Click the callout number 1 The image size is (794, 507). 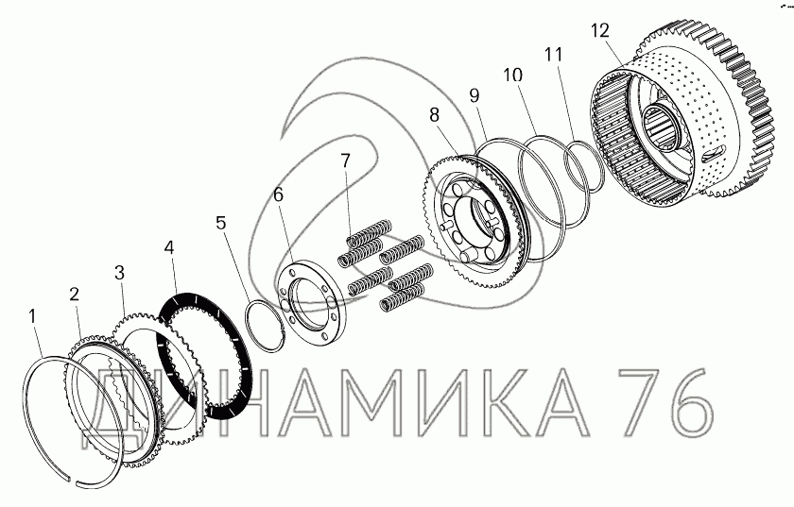click(x=32, y=316)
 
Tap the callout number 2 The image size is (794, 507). click(x=75, y=295)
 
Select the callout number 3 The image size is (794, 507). click(x=119, y=273)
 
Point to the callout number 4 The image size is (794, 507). click(x=169, y=247)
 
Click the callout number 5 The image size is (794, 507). click(x=221, y=223)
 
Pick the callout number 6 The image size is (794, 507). click(x=279, y=194)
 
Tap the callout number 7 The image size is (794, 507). click(x=345, y=161)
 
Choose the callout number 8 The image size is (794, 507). click(x=435, y=115)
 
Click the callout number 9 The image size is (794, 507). click(x=474, y=95)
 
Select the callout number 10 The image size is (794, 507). click(x=512, y=75)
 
